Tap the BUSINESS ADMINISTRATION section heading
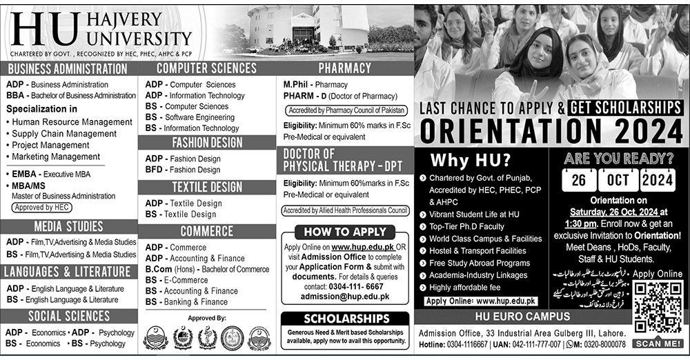[x=68, y=69]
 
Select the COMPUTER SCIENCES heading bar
[x=206, y=68]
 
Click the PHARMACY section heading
[x=344, y=68]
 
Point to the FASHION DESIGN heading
[x=207, y=143]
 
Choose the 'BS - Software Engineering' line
[x=190, y=117]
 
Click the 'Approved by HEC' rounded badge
[x=40, y=207]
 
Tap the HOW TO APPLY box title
[x=345, y=232]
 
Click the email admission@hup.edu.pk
[x=345, y=296]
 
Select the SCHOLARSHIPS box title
[x=344, y=319]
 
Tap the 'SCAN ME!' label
[x=658, y=343]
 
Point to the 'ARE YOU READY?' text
[x=618, y=157]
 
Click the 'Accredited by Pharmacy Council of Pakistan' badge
[x=344, y=110]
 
